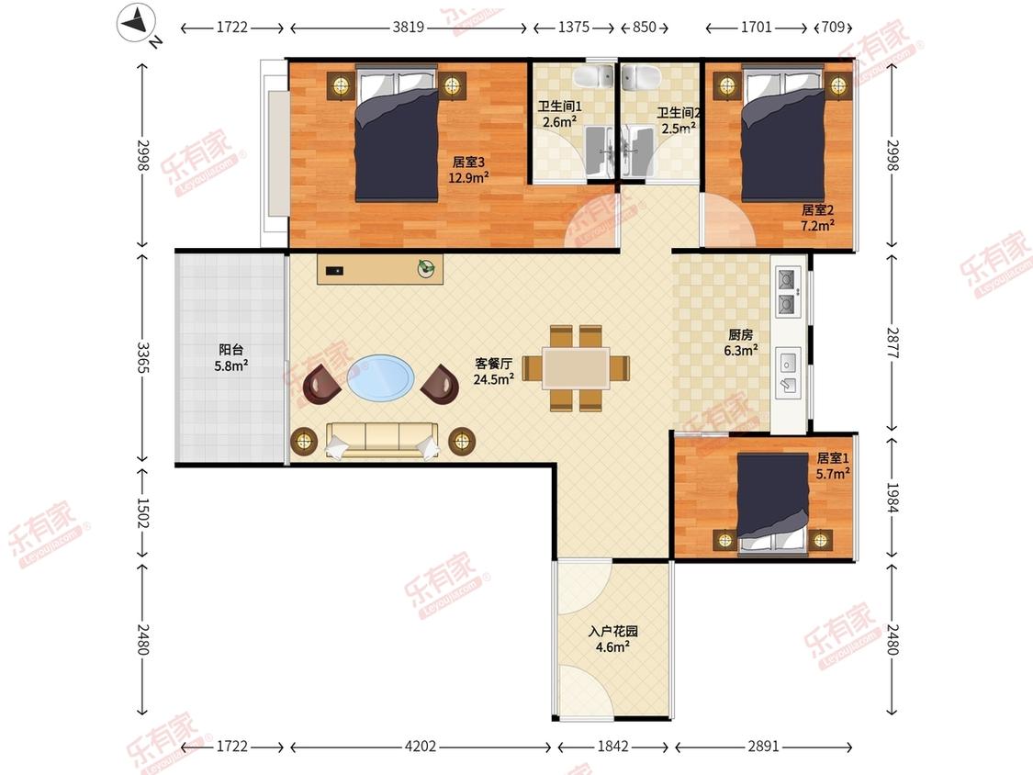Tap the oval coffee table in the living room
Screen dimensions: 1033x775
381,377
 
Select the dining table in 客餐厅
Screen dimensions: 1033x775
576,367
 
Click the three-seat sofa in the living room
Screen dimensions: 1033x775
382,440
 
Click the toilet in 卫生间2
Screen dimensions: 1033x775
641,76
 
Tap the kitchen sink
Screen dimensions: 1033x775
789,372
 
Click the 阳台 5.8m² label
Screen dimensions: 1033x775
230,358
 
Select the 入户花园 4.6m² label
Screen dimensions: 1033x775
612,639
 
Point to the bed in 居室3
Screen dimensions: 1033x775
397,132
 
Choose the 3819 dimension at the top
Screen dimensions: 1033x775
409,27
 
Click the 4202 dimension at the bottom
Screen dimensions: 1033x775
421,746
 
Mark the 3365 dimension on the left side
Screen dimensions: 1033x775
143,356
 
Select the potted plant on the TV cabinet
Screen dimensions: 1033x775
425,268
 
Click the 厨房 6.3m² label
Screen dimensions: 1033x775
740,343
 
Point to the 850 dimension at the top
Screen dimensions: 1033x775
645,27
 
